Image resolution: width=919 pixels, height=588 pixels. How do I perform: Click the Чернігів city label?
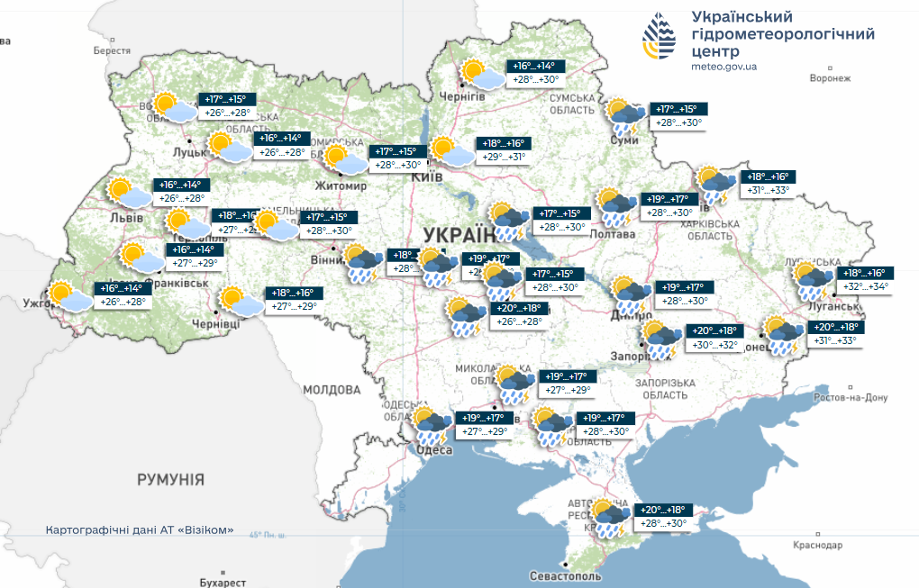(456, 96)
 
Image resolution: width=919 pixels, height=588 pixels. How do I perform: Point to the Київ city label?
(426, 177)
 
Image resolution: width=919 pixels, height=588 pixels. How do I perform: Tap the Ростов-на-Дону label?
(851, 397)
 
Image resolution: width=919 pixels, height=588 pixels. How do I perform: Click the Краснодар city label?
(818, 546)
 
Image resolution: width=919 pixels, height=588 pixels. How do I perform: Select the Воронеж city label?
(830, 78)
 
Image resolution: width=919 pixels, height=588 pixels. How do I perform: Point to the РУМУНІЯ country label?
(170, 479)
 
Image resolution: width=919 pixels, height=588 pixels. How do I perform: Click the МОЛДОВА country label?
(332, 390)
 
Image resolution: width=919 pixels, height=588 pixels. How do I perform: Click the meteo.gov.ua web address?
(723, 67)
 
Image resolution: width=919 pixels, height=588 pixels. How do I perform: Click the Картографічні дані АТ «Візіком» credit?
(140, 529)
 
